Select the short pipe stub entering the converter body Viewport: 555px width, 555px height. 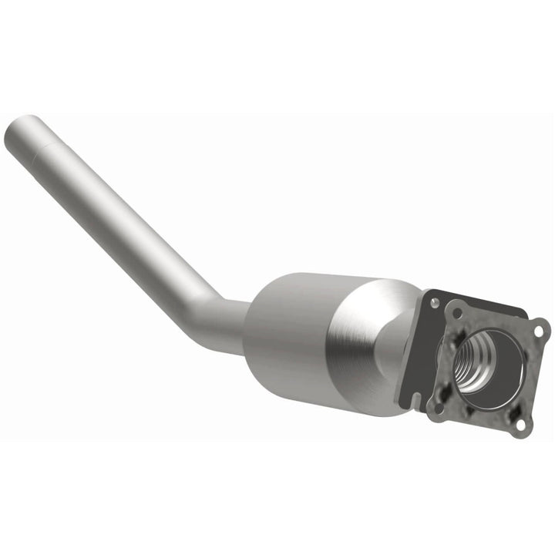[x=231, y=324]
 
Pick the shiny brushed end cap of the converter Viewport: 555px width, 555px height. [x=370, y=339]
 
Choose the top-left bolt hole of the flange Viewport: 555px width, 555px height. [x=457, y=314]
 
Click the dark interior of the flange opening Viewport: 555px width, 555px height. [x=497, y=370]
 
